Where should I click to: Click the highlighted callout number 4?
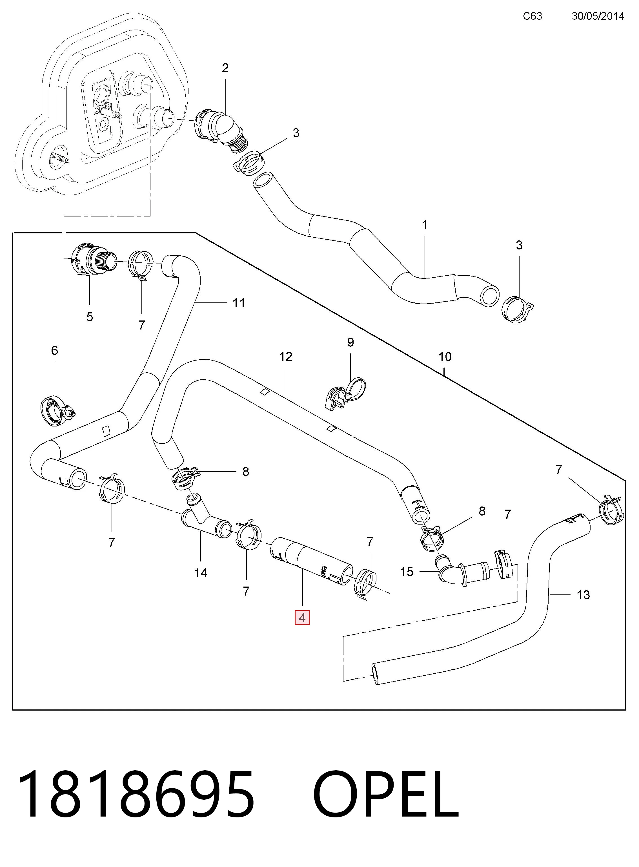(x=302, y=618)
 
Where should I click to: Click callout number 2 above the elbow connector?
(x=225, y=68)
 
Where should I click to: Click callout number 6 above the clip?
(x=55, y=351)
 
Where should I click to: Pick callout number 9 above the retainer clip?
(x=350, y=342)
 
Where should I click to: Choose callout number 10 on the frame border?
(x=445, y=357)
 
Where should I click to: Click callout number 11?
(x=239, y=303)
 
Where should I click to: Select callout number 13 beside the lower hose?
(x=583, y=595)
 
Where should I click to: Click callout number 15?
(x=407, y=571)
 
